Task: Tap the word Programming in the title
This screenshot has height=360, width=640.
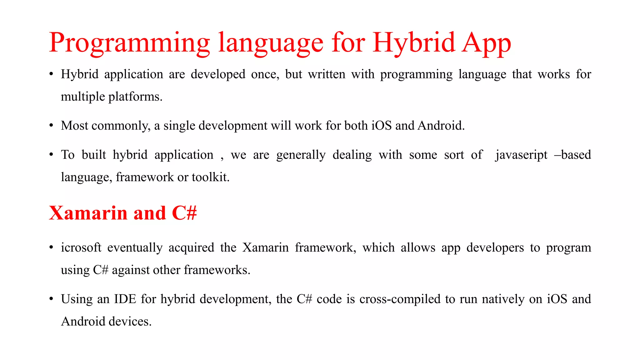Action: coord(129,43)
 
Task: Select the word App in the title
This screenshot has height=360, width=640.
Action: coord(487,43)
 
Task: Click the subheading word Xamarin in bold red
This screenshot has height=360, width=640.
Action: coord(88,213)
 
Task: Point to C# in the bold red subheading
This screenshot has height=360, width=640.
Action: coord(184,213)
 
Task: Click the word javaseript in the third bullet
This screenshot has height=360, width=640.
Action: coord(521,155)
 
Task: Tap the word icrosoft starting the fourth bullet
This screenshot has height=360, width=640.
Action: coord(81,247)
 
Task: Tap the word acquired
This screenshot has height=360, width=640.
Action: coord(191,247)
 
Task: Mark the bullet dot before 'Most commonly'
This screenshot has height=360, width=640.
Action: coord(51,126)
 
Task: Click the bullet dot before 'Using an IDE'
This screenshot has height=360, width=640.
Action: coord(51,299)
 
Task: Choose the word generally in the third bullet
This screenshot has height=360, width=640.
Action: coord(301,155)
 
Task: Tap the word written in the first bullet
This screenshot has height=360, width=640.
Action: coord(327,74)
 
